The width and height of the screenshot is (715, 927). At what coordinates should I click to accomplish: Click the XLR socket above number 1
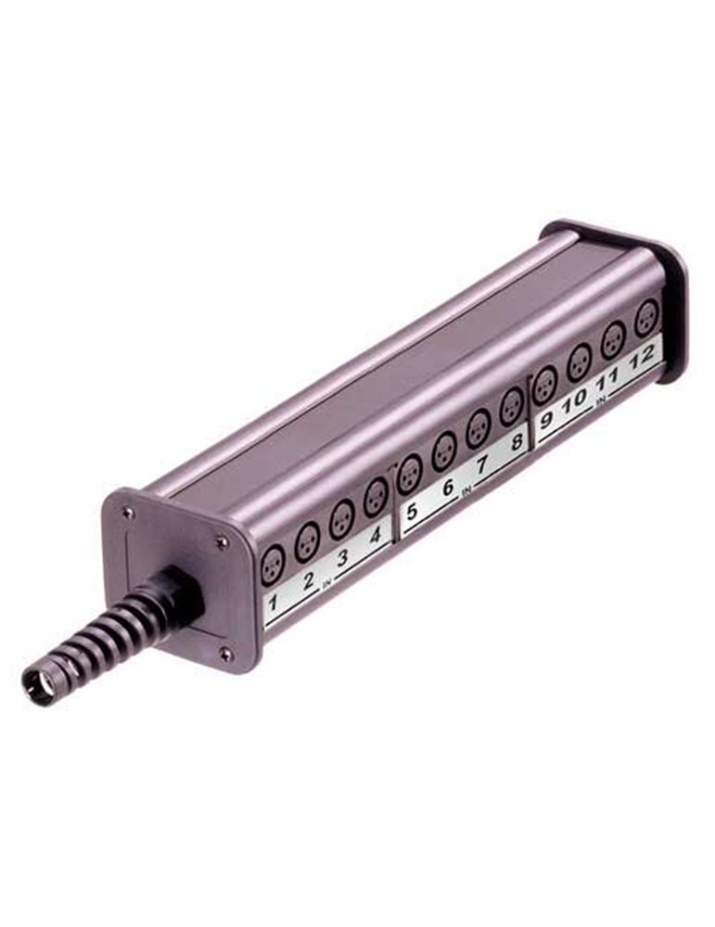(273, 563)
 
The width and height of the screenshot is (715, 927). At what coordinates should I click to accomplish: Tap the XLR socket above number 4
(376, 498)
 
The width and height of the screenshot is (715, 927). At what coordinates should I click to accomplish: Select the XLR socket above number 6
(444, 451)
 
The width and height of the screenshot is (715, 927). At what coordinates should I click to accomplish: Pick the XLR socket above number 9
(545, 385)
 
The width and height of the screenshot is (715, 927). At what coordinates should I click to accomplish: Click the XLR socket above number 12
(646, 318)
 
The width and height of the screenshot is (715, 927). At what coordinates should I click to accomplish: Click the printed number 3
(342, 559)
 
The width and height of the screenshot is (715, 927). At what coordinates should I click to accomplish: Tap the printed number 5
(411, 511)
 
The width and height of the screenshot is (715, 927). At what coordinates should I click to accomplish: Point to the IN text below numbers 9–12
(600, 401)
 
